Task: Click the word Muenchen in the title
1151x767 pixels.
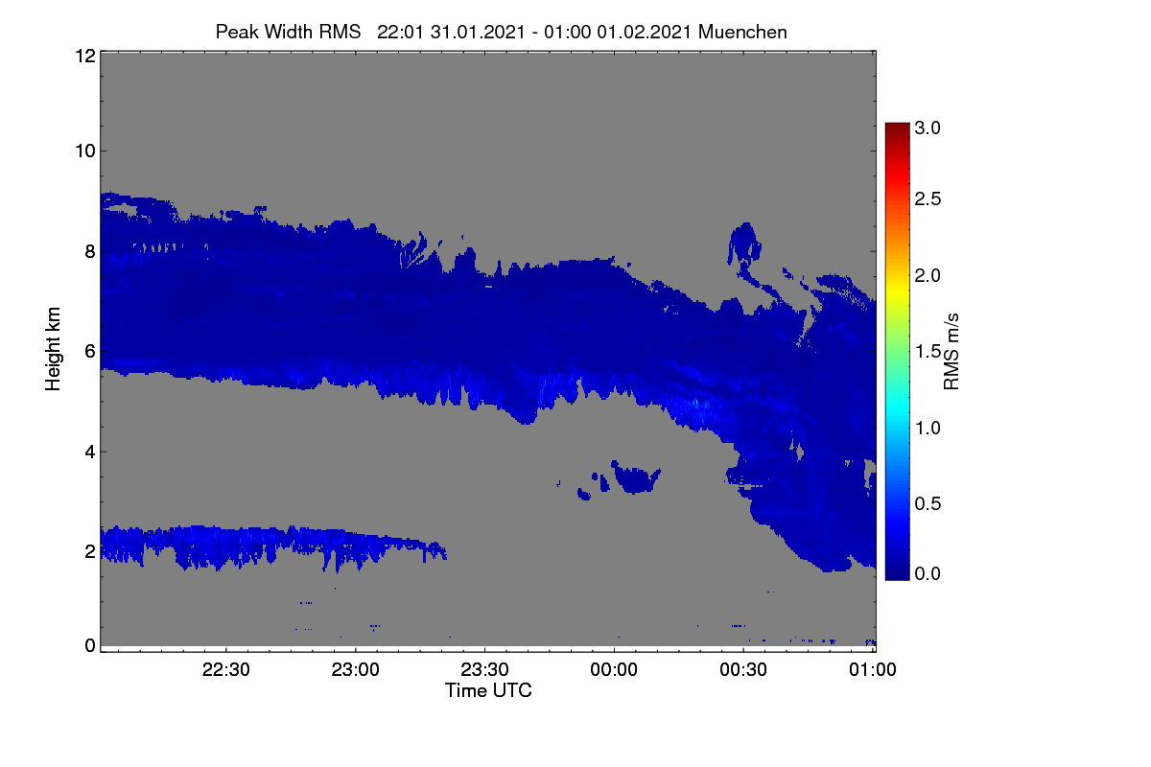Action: pyautogui.click(x=742, y=32)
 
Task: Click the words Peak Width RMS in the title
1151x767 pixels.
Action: pyautogui.click(x=288, y=32)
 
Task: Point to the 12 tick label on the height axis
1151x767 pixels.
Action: pyautogui.click(x=85, y=56)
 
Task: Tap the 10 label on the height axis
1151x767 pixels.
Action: pyautogui.click(x=85, y=151)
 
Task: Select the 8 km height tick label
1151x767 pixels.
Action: pyautogui.click(x=90, y=252)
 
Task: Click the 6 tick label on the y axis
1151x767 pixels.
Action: pyautogui.click(x=90, y=352)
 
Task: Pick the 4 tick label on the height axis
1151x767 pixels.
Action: pyautogui.click(x=90, y=453)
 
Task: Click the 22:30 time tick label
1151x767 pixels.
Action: pyautogui.click(x=225, y=669)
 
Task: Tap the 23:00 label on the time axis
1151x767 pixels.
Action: pyautogui.click(x=355, y=669)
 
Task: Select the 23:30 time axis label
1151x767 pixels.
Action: pyautogui.click(x=484, y=669)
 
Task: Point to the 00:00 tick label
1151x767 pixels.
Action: pyautogui.click(x=614, y=669)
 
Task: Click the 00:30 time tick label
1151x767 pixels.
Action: pyautogui.click(x=743, y=669)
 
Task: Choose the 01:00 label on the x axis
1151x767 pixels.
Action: pyautogui.click(x=873, y=669)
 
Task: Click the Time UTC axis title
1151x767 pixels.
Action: pyautogui.click(x=488, y=690)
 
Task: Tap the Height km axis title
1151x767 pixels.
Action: pyautogui.click(x=53, y=349)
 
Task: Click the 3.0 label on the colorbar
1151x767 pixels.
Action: pyautogui.click(x=928, y=128)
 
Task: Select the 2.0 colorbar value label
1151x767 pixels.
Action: pyautogui.click(x=928, y=276)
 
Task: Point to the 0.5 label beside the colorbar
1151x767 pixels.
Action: pyautogui.click(x=928, y=504)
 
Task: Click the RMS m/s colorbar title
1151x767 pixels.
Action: pyautogui.click(x=951, y=352)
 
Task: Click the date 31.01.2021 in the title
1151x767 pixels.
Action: pyautogui.click(x=478, y=32)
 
